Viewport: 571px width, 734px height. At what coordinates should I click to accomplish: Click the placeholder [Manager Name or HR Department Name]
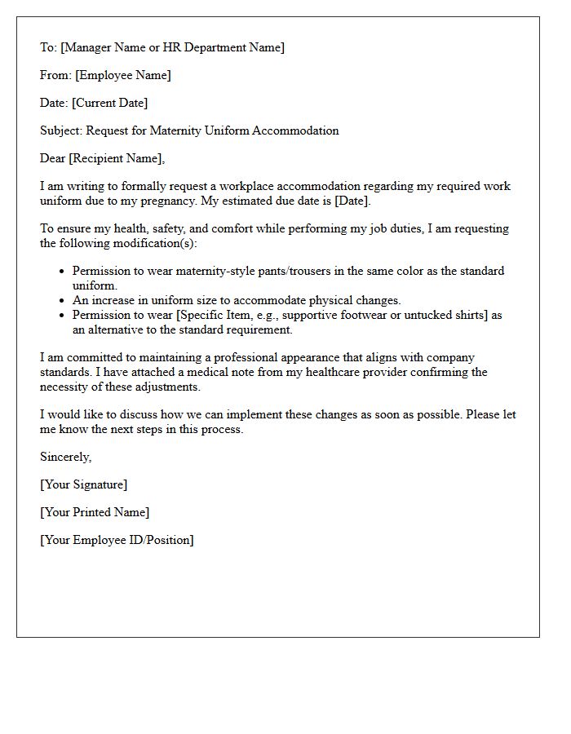coord(173,48)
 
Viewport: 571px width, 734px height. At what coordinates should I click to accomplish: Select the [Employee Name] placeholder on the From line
coord(123,76)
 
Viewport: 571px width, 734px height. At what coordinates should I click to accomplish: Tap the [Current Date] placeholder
coord(110,104)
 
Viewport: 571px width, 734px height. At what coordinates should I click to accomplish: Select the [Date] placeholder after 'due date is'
coord(352,201)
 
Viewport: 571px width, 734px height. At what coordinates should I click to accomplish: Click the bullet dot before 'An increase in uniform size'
coord(63,301)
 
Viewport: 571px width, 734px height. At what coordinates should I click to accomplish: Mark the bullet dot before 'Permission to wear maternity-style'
coord(63,272)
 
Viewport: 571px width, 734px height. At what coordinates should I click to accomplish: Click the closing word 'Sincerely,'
coord(66,458)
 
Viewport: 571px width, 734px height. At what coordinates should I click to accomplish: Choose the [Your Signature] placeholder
coord(84,485)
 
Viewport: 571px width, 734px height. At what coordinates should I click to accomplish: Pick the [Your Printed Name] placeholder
coord(95,513)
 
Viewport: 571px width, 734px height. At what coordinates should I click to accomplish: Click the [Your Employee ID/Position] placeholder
coord(117,541)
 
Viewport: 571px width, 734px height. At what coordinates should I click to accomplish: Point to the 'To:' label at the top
coord(49,48)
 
